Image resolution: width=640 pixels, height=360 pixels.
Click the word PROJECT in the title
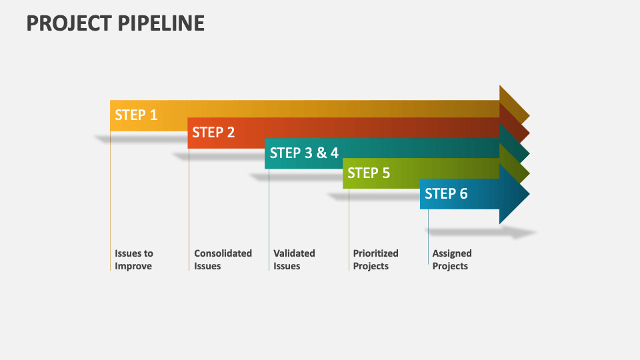(x=69, y=23)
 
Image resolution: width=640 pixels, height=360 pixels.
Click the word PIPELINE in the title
(x=161, y=23)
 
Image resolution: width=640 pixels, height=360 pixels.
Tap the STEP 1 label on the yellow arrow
(x=136, y=115)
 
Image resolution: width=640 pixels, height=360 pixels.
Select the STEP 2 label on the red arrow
(x=213, y=132)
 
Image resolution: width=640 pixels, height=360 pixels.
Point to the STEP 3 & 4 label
(x=304, y=153)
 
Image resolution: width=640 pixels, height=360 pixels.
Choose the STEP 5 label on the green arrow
(x=369, y=173)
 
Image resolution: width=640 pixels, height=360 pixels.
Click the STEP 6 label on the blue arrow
(x=446, y=193)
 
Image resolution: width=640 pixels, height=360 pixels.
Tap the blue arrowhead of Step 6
(x=513, y=194)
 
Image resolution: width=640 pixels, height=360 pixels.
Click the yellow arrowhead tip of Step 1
(x=529, y=116)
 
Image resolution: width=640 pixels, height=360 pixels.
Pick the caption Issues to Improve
(x=134, y=259)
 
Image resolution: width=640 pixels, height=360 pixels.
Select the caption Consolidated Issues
(x=223, y=259)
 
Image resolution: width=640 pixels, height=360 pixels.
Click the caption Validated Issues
(x=294, y=259)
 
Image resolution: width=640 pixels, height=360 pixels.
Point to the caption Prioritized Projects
(x=375, y=259)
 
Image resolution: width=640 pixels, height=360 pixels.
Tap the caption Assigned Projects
(x=452, y=259)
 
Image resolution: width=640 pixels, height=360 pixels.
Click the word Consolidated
(x=223, y=253)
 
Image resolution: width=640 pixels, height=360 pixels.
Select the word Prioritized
(x=375, y=253)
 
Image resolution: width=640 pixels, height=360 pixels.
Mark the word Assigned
(x=452, y=254)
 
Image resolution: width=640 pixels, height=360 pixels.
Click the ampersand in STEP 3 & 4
(x=321, y=153)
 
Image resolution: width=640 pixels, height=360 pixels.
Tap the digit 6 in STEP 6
(x=464, y=193)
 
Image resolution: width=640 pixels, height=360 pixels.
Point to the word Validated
(x=294, y=253)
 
